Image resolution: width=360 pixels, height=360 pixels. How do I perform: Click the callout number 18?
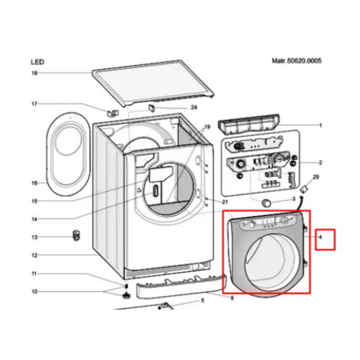pyautogui.click(x=35, y=73)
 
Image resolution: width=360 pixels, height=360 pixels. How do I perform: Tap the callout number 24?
pyautogui.click(x=194, y=107)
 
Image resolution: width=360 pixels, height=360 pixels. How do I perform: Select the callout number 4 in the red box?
pyautogui.click(x=320, y=237)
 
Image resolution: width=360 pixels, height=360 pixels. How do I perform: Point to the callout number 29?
pyautogui.click(x=316, y=177)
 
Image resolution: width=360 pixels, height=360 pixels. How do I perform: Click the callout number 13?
pyautogui.click(x=35, y=237)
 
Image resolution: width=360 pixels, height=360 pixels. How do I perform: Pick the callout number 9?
pyautogui.click(x=232, y=298)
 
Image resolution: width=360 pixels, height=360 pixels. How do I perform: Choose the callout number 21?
pyautogui.click(x=225, y=202)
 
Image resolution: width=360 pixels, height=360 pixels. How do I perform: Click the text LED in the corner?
pyautogui.click(x=37, y=62)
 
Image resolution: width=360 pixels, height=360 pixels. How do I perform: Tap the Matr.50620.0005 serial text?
pyautogui.click(x=297, y=60)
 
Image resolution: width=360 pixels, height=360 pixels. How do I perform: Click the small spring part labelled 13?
pyautogui.click(x=76, y=235)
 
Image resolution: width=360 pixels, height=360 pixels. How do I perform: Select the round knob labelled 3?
pyautogui.click(x=266, y=203)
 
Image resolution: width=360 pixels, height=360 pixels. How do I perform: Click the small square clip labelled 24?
pyautogui.click(x=152, y=107)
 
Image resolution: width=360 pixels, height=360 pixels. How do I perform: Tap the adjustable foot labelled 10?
pyautogui.click(x=125, y=295)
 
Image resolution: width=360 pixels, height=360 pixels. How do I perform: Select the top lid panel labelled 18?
pyautogui.click(x=153, y=83)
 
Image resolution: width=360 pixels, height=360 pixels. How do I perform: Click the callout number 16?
pyautogui.click(x=35, y=183)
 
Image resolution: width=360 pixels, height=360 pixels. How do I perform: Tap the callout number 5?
pyautogui.click(x=202, y=300)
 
